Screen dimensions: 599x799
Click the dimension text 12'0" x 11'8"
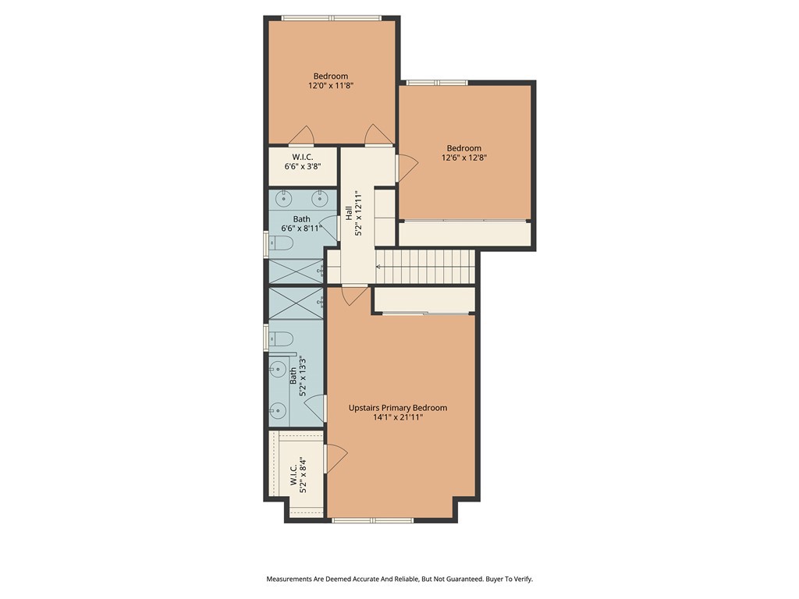[331, 87]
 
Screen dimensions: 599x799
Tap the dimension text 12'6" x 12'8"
[463, 158]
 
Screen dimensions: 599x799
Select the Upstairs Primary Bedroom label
[398, 408]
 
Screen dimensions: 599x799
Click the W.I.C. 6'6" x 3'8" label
[303, 161]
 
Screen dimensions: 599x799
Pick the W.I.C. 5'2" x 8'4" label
[298, 473]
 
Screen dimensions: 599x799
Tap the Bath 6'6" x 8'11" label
[301, 224]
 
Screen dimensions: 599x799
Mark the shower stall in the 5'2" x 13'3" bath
[296, 303]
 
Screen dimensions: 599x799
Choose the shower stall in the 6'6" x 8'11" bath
[296, 271]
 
